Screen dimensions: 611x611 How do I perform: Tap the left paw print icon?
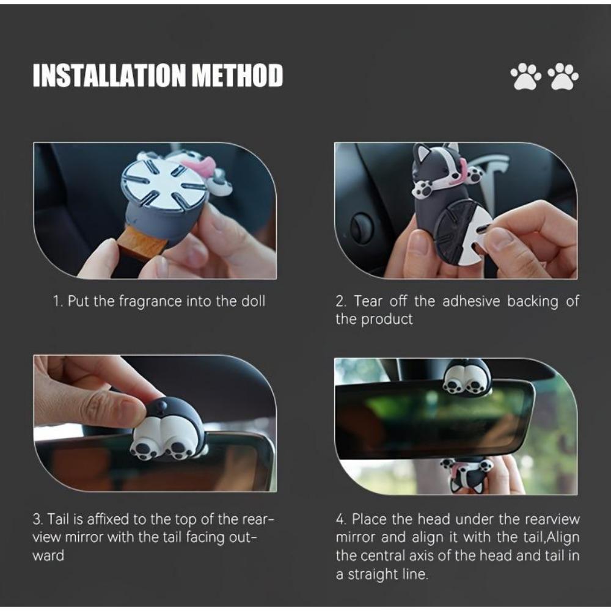tap(525, 76)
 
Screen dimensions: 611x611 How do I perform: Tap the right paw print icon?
tap(563, 76)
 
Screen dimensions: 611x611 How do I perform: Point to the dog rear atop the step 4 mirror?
tap(466, 378)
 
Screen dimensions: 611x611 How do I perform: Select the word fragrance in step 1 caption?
tap(150, 302)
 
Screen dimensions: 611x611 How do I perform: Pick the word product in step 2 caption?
tap(387, 320)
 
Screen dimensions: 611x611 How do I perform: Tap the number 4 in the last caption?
tap(340, 519)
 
